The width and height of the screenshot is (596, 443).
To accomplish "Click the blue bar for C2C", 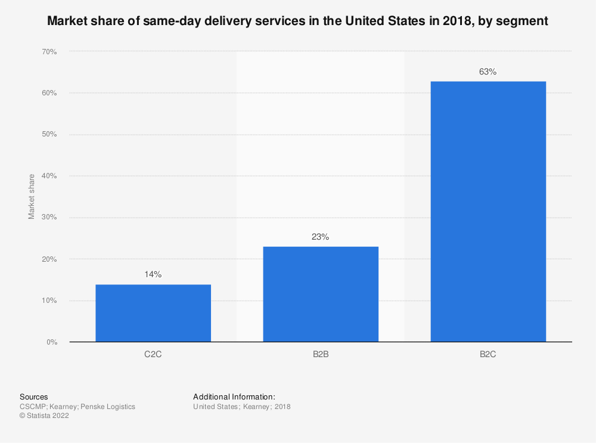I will tap(153, 313).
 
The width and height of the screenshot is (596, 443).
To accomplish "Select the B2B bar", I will tap(321, 294).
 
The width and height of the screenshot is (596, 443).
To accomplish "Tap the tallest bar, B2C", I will tap(488, 211).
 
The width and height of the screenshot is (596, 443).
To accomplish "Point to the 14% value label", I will tap(153, 275).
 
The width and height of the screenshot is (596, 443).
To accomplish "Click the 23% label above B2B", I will tap(321, 237).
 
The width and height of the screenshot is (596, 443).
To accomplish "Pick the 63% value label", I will tap(488, 72).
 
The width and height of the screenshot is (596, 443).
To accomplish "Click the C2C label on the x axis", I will tap(153, 354).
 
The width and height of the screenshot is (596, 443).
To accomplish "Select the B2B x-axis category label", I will tap(321, 354).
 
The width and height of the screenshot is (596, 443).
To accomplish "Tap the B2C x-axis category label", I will tap(488, 354).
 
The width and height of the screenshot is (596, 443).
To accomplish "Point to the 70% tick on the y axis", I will tap(49, 52).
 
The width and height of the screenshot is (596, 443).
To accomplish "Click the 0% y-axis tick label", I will tap(51, 342).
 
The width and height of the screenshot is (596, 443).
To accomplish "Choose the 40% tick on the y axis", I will tap(49, 176).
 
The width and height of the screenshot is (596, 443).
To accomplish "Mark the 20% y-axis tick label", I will tap(49, 259).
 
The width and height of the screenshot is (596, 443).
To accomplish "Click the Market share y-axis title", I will tap(31, 196).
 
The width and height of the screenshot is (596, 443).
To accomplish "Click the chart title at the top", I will tap(297, 21).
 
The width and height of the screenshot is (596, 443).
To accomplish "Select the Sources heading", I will tap(34, 396).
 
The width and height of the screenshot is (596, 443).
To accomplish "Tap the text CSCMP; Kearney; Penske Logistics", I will tap(77, 407).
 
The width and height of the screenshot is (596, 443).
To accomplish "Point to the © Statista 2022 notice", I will tap(44, 416).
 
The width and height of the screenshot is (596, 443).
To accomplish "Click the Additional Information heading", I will tap(234, 396).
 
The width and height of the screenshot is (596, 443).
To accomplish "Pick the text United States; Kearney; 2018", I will tap(241, 407).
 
